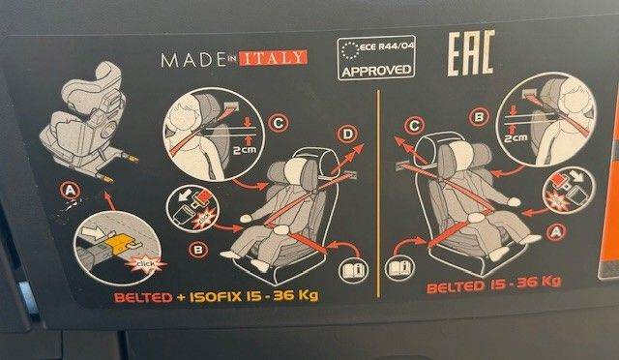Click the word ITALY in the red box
[x=273, y=58]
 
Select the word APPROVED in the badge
[x=376, y=72]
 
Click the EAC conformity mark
[x=471, y=53]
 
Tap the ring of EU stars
[x=350, y=50]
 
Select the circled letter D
[x=348, y=135]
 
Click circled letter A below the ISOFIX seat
[x=70, y=191]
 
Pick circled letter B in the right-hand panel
[x=480, y=117]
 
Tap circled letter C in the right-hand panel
[x=415, y=126]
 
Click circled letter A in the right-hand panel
[x=556, y=232]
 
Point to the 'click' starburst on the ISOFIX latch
[x=146, y=263]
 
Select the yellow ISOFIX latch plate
[x=121, y=242]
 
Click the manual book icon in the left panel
[x=353, y=270]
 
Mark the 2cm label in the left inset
[x=245, y=150]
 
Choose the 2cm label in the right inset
[x=516, y=138]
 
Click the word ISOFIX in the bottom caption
[x=216, y=297]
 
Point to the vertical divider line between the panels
[x=378, y=194]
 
